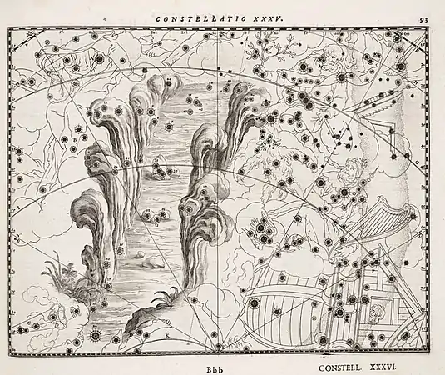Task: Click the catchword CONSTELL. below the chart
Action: (343, 364)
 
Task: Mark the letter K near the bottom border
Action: (167, 332)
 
